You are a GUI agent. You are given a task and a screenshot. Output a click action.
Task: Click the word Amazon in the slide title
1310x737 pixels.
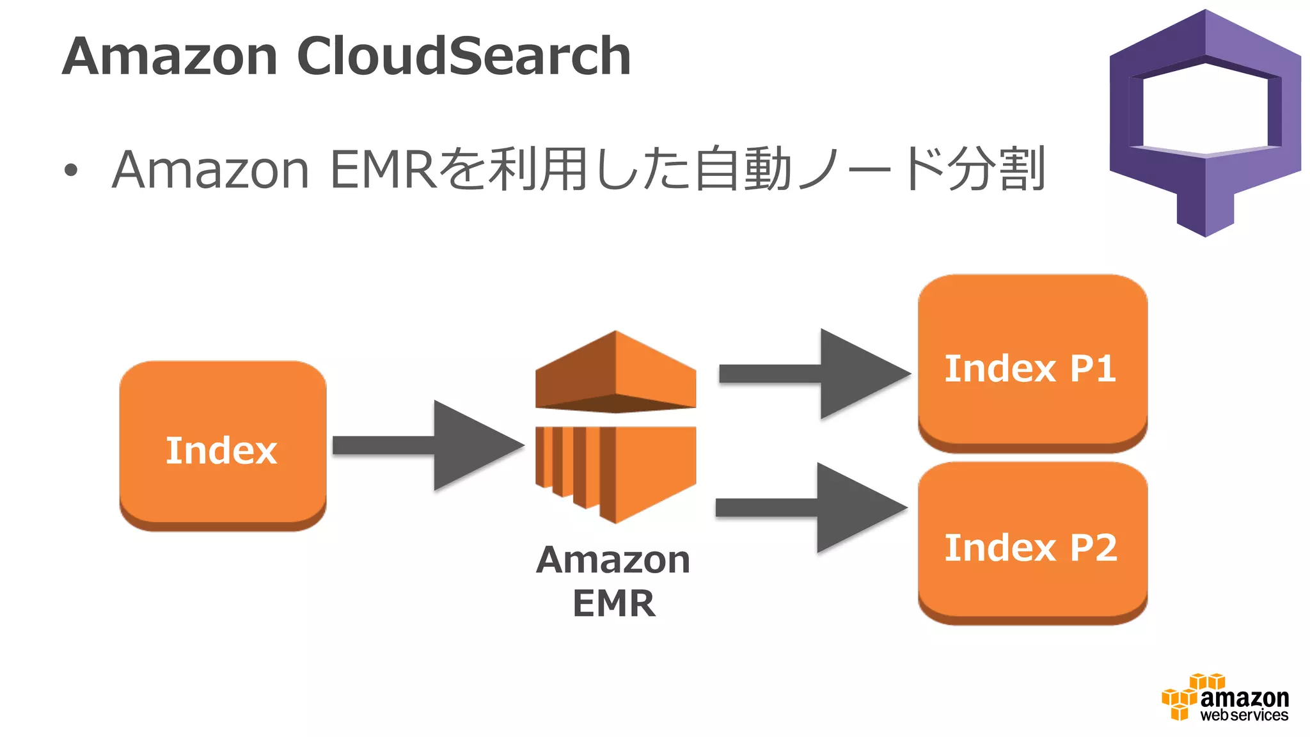(x=170, y=56)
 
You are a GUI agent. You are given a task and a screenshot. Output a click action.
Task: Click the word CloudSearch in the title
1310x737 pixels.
(x=464, y=56)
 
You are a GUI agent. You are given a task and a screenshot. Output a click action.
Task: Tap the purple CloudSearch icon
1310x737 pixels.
(x=1206, y=122)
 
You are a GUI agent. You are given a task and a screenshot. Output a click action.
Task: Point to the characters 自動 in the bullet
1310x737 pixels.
(x=743, y=170)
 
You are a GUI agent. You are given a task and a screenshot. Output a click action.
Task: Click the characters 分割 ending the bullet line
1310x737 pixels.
(x=995, y=170)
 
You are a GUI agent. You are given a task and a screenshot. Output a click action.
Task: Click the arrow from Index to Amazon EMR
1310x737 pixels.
(x=429, y=445)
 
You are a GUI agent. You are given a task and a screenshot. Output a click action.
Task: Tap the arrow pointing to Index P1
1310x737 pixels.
(x=816, y=374)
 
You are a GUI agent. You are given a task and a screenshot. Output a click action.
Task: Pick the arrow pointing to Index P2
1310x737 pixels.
(x=812, y=507)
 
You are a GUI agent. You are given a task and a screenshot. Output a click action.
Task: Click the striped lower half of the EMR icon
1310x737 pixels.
(x=615, y=470)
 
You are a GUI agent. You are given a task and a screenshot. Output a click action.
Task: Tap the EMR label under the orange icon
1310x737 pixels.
(x=614, y=603)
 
